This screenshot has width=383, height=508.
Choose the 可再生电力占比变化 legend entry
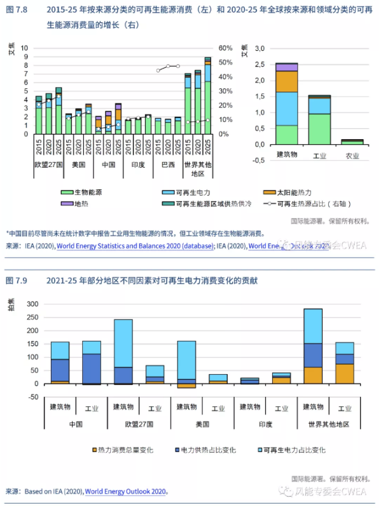295,450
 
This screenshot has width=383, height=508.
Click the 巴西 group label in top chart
168,165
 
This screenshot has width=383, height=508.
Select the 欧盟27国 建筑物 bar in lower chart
123,352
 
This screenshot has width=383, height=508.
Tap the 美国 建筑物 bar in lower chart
186,362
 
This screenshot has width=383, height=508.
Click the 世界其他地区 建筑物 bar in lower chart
313,345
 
